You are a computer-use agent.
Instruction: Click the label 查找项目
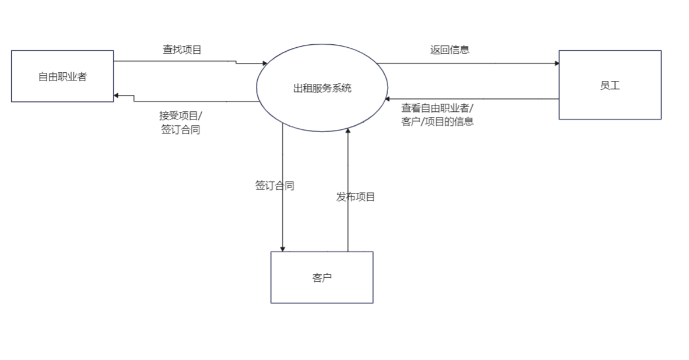coord(182,50)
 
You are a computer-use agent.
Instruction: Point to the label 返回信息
coord(450,50)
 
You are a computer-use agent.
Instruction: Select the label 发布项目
coord(356,197)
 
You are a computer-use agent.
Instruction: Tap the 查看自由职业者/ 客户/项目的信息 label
coord(437,115)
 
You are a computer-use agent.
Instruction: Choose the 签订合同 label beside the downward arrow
coord(275,186)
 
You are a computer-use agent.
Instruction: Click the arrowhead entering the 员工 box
coord(556,63)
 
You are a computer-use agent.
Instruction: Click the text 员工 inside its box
coord(610,86)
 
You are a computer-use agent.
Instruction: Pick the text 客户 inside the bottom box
coord(322,278)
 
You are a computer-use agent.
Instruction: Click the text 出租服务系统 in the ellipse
coord(322,89)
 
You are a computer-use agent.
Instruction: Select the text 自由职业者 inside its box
coord(62,76)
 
